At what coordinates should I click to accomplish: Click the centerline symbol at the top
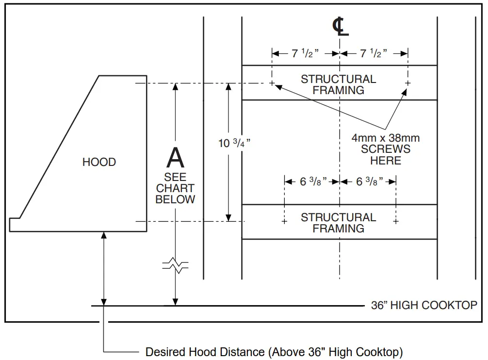click(340, 27)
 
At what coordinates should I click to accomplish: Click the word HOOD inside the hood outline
click(99, 162)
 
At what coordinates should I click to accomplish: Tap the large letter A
click(176, 158)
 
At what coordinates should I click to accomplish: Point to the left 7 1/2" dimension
click(305, 53)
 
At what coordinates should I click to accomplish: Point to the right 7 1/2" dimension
click(373, 53)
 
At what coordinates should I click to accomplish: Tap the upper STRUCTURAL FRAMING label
click(338, 84)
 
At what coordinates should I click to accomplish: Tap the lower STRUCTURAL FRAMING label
click(338, 223)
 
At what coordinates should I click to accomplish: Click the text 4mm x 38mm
click(386, 138)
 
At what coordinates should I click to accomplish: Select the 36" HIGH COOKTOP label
click(424, 305)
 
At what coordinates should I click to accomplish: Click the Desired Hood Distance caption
click(274, 351)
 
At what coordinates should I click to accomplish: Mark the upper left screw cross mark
click(272, 83)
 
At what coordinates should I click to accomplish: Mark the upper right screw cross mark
click(407, 83)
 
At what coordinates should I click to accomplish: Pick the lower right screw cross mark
click(396, 222)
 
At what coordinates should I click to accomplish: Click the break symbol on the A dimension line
click(176, 265)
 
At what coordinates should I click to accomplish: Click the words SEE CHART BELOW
click(176, 188)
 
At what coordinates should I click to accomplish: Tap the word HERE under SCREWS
click(386, 160)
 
